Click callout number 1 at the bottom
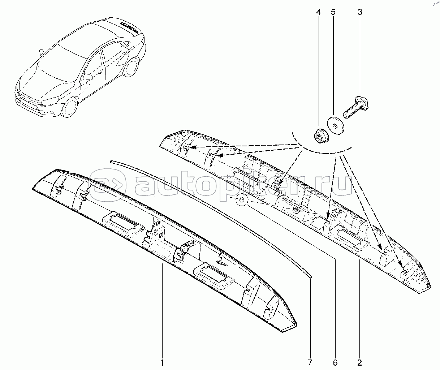tap(162, 362)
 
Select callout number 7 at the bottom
tap(310, 362)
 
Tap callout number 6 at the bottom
tap(335, 362)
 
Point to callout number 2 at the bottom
tap(360, 362)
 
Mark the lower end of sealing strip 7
tap(310, 275)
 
